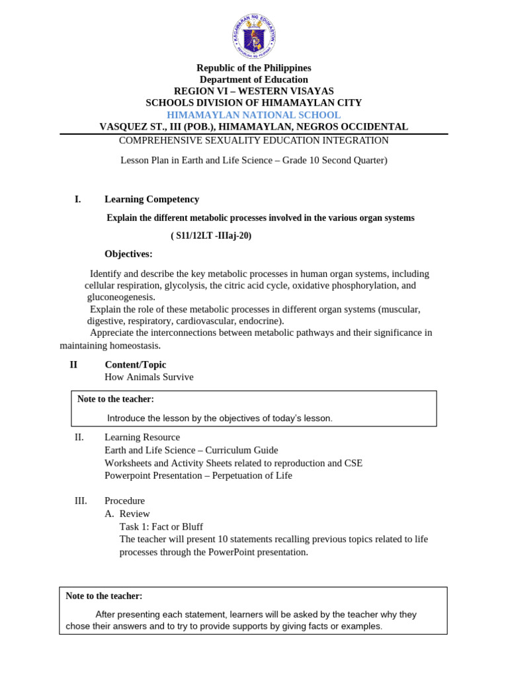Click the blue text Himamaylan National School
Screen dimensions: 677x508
point(253,114)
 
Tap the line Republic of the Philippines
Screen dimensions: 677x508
point(253,68)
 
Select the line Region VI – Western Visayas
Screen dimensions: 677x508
point(253,91)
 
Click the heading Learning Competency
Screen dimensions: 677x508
point(151,199)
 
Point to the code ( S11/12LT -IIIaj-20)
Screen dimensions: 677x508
point(211,236)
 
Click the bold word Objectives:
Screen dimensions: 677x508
point(128,254)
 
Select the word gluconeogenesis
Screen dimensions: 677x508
point(121,298)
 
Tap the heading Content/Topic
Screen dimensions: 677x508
point(135,364)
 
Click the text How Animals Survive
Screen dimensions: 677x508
point(149,377)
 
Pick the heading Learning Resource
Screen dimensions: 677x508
point(142,437)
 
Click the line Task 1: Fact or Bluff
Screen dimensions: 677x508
point(161,526)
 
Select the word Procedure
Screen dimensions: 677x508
point(124,500)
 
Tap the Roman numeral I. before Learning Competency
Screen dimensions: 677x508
point(77,199)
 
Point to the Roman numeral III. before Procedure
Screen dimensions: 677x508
point(81,500)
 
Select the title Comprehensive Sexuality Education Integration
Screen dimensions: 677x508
point(253,140)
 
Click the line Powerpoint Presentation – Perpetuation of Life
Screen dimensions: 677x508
point(198,475)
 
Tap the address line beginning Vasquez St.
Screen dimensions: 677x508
point(253,126)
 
